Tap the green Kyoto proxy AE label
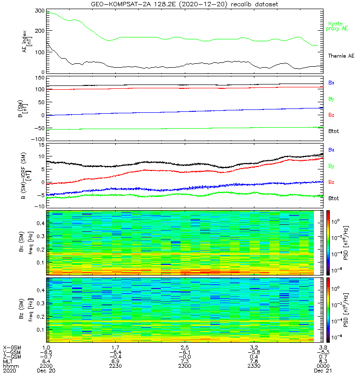pyautogui.click(x=337, y=26)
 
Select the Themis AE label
pyautogui.click(x=341, y=56)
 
